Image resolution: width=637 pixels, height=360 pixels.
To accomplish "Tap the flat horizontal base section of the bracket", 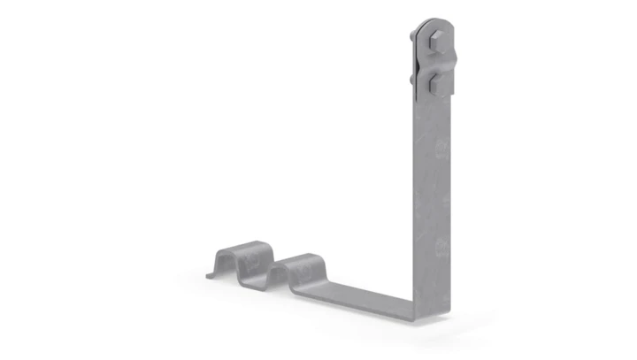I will tap(363, 295).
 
